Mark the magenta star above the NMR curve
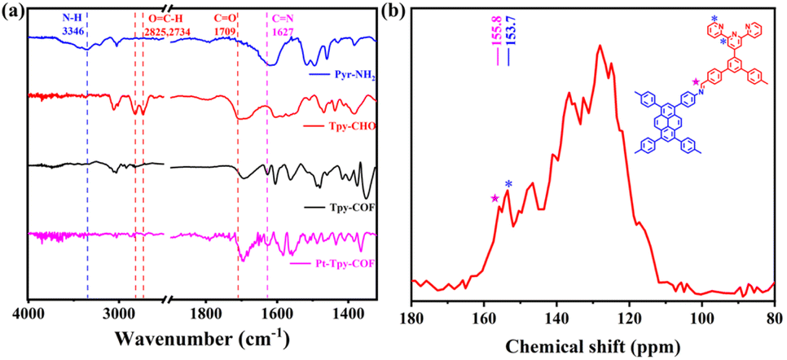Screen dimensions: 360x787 tap(494, 198)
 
